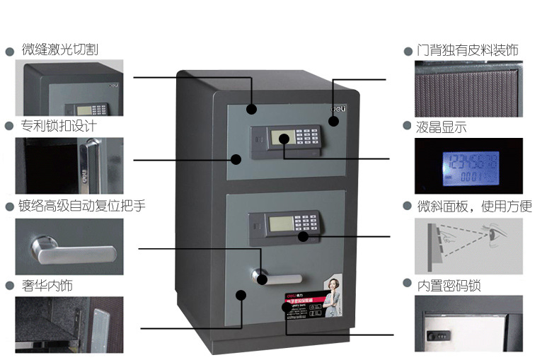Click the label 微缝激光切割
pyautogui.click(x=59, y=50)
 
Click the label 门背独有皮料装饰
pyautogui.click(x=467, y=50)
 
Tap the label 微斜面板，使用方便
pyautogui.click(x=474, y=207)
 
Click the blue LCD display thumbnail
pyautogui.click(x=468, y=166)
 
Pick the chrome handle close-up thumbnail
pyautogui.click(x=69, y=246)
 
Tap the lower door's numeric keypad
pyautogui.click(x=307, y=223)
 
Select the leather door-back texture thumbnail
pyautogui.click(x=468, y=88)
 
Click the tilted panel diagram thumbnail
pyautogui.click(x=468, y=245)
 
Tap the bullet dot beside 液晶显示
pyautogui.click(x=407, y=127)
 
